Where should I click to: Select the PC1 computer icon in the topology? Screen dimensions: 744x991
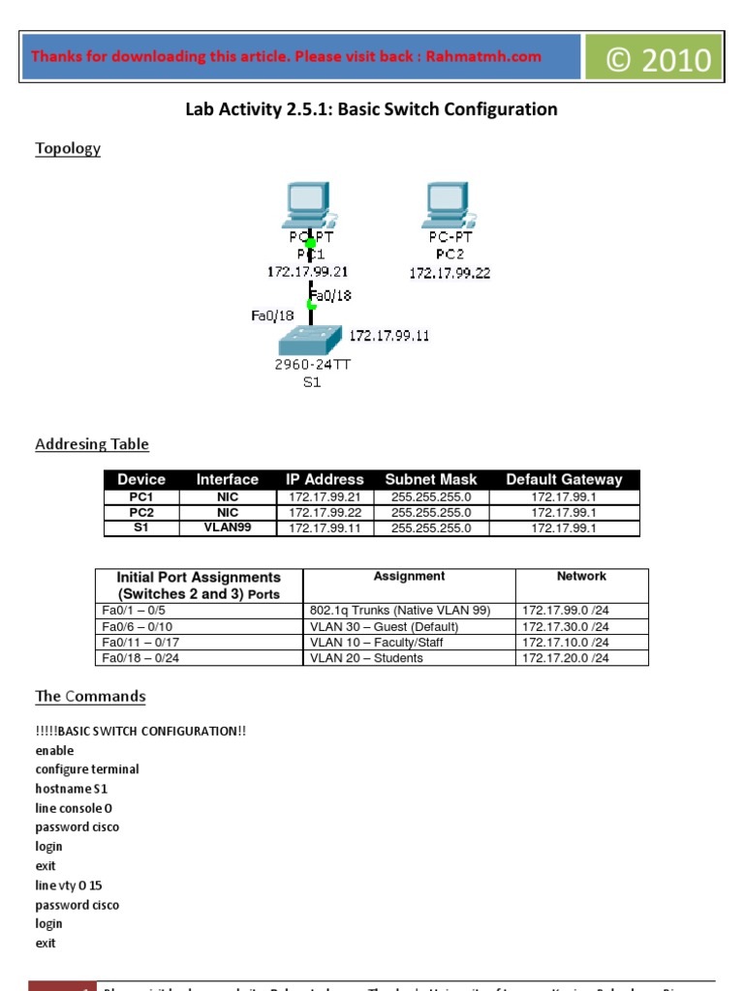[x=305, y=204]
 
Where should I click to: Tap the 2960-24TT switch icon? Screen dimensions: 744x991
[x=310, y=340]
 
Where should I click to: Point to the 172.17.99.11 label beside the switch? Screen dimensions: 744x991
[x=389, y=336]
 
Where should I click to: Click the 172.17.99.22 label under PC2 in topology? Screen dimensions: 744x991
[x=449, y=273]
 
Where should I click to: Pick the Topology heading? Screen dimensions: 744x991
[x=68, y=149]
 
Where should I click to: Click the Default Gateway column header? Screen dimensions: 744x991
[x=564, y=479]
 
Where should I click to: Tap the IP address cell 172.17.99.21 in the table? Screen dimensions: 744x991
[x=325, y=496]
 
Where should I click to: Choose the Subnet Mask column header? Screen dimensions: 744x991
[x=431, y=479]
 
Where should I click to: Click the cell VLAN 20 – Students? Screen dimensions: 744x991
[x=366, y=658]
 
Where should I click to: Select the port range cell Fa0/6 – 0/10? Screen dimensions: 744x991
[x=137, y=626]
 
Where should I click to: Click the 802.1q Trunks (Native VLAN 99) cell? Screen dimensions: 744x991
[x=400, y=611]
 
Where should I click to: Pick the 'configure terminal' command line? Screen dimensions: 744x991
[x=87, y=769]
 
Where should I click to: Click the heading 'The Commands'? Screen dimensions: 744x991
[x=90, y=697]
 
